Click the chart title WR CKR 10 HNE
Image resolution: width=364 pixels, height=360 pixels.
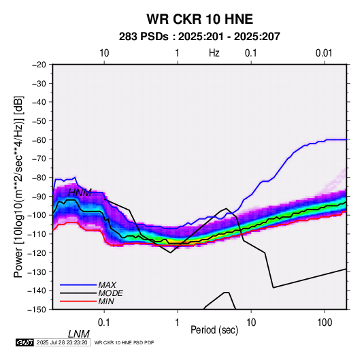coord(199,19)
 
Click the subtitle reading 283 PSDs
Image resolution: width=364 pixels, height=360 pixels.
coord(144,37)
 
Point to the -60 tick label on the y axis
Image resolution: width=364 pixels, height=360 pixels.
coord(39,140)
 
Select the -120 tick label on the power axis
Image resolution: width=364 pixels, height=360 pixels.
coord(37,252)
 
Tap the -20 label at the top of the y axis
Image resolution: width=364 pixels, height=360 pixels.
coord(39,65)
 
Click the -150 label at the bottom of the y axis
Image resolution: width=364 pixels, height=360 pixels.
coord(37,310)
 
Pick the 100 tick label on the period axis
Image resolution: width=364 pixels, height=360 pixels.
coord(325,323)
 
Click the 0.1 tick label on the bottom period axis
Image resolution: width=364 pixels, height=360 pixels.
coord(104,323)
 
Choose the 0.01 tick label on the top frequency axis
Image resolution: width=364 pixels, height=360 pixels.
coord(324,53)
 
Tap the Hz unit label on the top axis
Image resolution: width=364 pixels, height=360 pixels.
coord(214,53)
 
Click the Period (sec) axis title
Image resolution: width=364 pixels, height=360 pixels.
coord(214,330)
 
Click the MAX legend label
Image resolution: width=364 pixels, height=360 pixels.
coord(107,285)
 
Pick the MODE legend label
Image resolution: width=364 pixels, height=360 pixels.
coord(110,293)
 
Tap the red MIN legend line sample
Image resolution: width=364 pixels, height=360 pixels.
coord(78,301)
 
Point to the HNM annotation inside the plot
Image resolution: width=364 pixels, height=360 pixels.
coord(80,193)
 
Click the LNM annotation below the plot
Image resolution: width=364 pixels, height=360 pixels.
coord(78,334)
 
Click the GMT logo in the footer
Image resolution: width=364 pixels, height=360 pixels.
coord(24,342)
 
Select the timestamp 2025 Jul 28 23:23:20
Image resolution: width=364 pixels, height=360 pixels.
coord(62,342)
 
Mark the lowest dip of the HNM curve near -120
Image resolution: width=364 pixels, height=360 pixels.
coord(170,252)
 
